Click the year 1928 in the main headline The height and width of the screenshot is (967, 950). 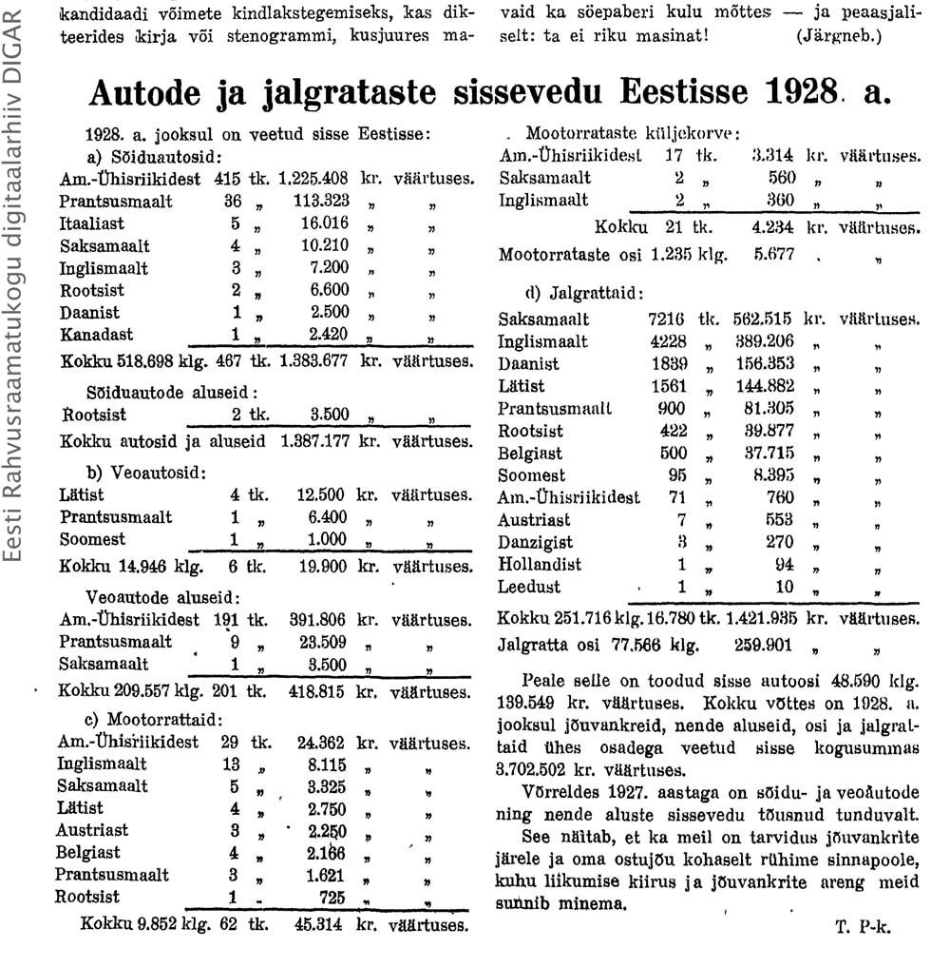coord(801,94)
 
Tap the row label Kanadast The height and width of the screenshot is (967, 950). coord(97,335)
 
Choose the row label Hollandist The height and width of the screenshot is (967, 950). coord(540,565)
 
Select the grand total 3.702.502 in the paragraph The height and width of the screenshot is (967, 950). coord(546,770)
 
